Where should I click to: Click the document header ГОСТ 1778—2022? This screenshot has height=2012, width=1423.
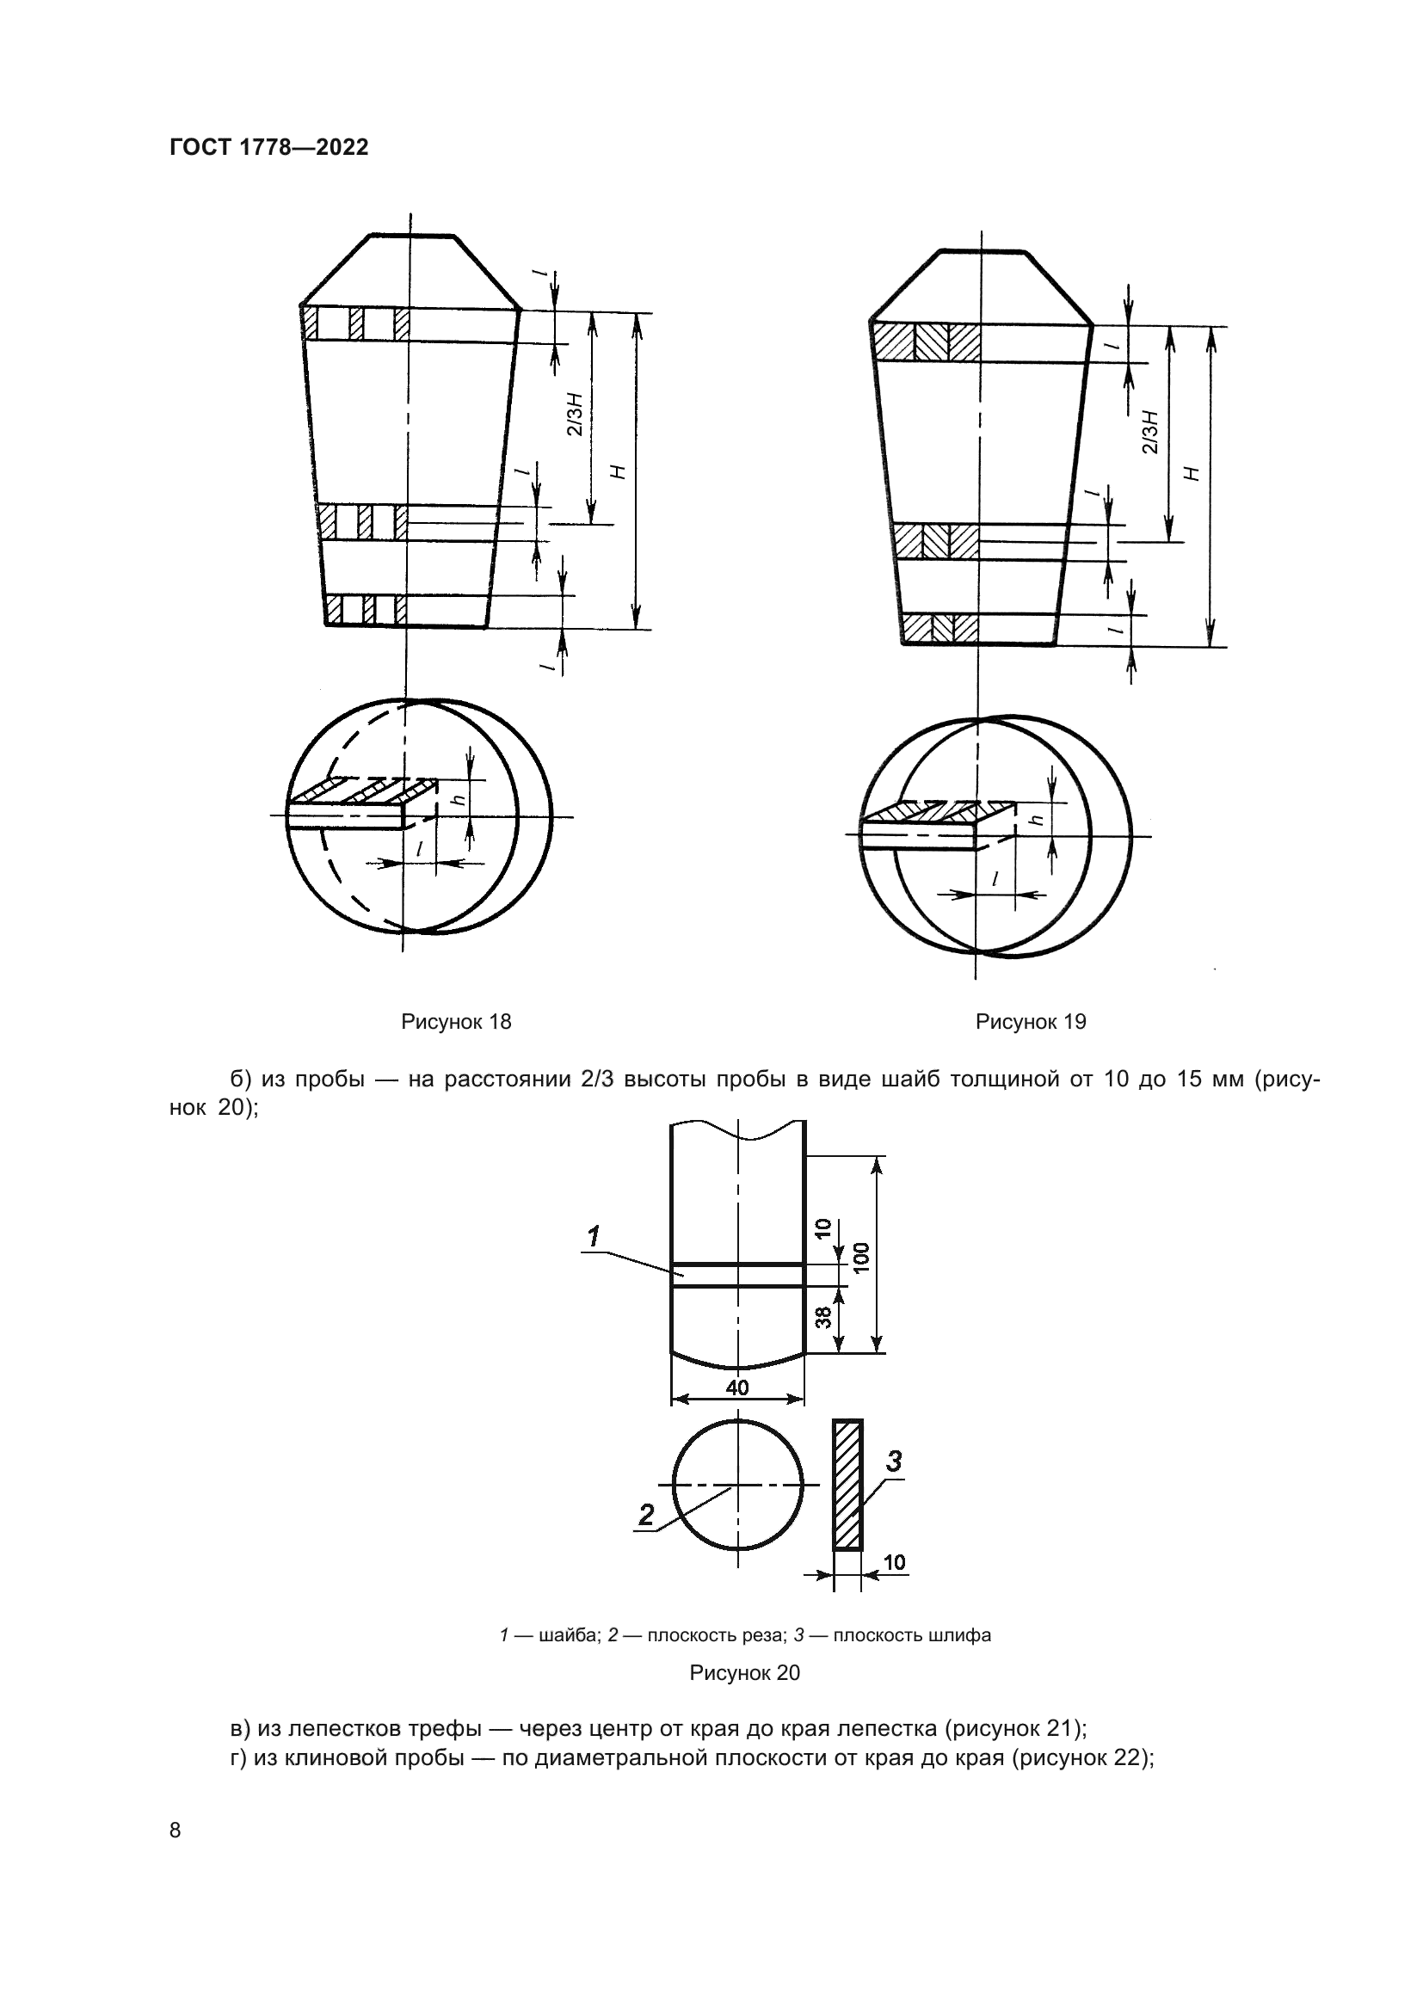tap(268, 147)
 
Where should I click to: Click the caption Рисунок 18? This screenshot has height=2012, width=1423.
tap(456, 1022)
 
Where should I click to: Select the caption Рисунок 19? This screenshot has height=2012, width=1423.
tap(1031, 1022)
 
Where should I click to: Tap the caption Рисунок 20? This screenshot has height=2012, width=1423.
tap(745, 1673)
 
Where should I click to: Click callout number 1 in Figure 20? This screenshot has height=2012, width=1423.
tap(594, 1237)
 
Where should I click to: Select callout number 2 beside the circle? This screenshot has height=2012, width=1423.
tap(647, 1515)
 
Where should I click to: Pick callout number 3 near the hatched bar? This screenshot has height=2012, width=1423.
tap(893, 1461)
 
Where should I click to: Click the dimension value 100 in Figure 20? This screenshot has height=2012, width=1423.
tap(861, 1258)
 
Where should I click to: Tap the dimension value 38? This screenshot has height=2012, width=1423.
tap(823, 1317)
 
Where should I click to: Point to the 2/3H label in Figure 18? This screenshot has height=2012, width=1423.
tap(575, 415)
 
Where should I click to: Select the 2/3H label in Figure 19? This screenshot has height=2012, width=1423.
tap(1150, 432)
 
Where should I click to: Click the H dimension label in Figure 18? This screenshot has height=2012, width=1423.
tap(619, 471)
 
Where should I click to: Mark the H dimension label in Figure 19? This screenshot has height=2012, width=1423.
tap(1192, 473)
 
